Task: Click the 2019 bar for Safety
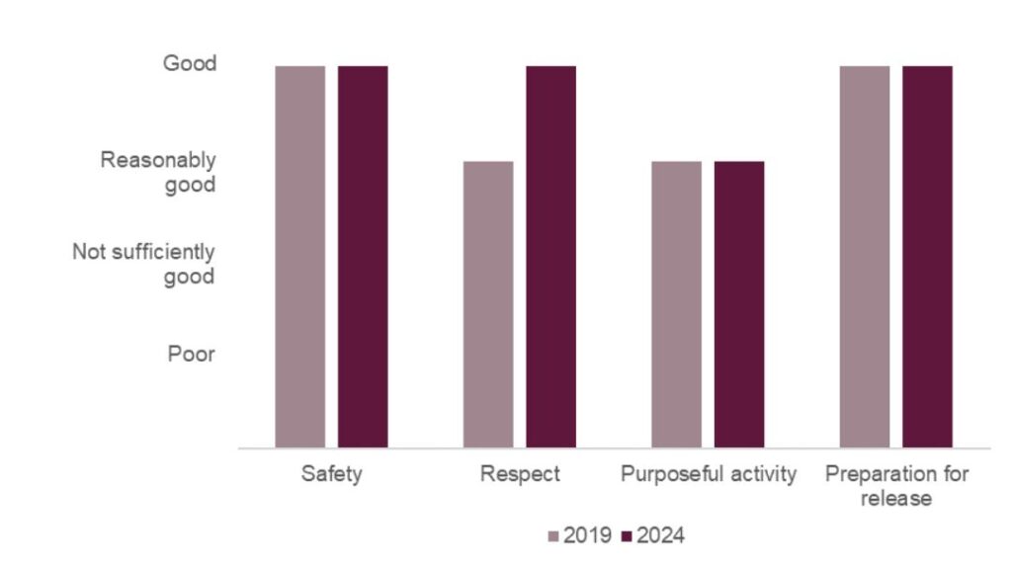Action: click(x=300, y=257)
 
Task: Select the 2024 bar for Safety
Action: click(x=363, y=257)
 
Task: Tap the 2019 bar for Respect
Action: click(x=488, y=304)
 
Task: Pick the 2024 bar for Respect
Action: click(x=550, y=257)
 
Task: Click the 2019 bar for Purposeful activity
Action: click(x=677, y=304)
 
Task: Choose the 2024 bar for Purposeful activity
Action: click(x=739, y=304)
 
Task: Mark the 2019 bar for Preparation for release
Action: click(x=865, y=257)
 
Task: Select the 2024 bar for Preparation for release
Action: click(x=927, y=257)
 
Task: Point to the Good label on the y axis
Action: click(x=189, y=64)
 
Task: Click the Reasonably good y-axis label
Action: click(x=158, y=172)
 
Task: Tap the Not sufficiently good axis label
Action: click(x=143, y=264)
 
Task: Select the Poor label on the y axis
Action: click(x=191, y=354)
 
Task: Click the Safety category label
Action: click(x=332, y=474)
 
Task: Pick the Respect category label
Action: click(x=520, y=474)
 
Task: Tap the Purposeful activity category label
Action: click(x=708, y=474)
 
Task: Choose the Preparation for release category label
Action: click(x=896, y=486)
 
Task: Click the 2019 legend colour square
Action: click(x=553, y=536)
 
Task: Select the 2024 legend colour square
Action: click(x=628, y=536)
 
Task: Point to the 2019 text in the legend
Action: click(x=587, y=535)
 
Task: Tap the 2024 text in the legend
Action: click(x=660, y=535)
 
